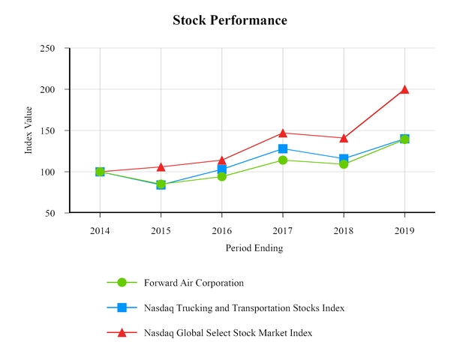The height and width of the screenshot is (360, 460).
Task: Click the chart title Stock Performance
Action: tap(230, 20)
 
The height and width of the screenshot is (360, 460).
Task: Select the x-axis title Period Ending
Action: tap(254, 247)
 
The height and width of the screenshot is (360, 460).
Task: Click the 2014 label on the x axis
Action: tap(100, 229)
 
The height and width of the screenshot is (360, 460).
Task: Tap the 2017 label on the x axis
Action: tap(283, 229)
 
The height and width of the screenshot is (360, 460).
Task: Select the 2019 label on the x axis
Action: tap(404, 229)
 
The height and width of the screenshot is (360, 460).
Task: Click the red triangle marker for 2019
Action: tap(404, 89)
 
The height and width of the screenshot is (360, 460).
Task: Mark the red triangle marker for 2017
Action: tap(283, 133)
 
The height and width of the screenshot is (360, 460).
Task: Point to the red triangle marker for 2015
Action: tap(161, 166)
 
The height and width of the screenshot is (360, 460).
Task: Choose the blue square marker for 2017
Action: tap(283, 149)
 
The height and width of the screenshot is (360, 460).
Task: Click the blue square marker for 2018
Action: tap(344, 159)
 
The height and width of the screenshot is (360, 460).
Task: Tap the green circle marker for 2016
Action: tap(222, 176)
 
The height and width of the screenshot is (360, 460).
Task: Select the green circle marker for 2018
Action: tap(344, 163)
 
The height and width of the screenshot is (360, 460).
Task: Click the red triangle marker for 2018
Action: tap(344, 138)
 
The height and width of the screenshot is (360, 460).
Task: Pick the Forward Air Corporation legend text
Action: tap(194, 283)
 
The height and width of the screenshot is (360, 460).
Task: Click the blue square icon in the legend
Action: tap(122, 307)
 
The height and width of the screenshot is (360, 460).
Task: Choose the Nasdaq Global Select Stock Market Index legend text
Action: tap(227, 332)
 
